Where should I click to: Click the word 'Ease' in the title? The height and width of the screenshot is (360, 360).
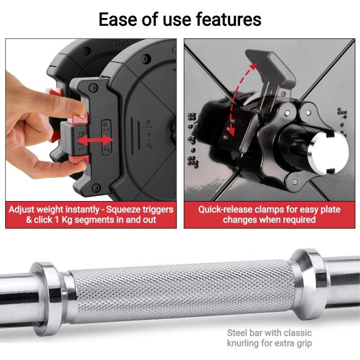point(118,20)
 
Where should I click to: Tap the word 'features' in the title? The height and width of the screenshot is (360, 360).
point(229,20)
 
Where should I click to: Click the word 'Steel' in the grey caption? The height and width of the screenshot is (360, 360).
point(237,333)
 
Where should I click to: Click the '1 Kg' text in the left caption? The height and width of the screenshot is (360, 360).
point(63,220)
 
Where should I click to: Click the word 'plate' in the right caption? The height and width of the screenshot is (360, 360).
point(330,210)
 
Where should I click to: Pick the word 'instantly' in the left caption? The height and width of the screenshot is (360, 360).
point(82,210)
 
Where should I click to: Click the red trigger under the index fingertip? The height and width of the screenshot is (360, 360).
point(80,118)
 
